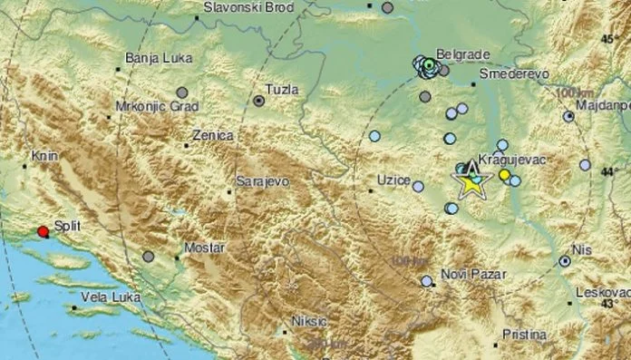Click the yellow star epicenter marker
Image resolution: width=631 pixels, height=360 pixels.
pos(471,184)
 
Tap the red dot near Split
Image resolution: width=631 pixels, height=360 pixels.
pos(43,231)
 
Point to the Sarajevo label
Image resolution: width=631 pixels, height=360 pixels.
pos(263,181)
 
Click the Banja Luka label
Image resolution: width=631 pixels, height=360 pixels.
pos(154,59)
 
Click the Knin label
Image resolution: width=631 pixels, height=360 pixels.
pos(44,155)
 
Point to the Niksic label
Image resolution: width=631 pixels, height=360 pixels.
pos(312,320)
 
